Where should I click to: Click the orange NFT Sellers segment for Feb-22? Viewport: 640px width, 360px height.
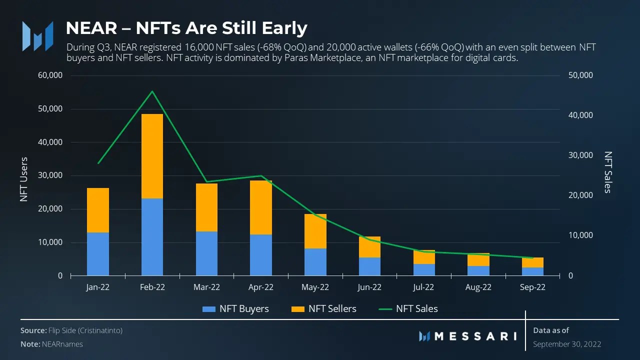(152, 156)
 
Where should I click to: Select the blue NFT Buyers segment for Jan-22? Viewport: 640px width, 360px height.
(98, 254)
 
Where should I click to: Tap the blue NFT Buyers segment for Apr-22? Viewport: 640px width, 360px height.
(261, 255)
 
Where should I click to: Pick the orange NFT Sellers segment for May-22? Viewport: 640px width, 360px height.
(315, 231)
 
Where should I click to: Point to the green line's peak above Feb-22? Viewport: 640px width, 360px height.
(152, 91)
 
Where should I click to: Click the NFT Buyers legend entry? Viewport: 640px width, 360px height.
(235, 309)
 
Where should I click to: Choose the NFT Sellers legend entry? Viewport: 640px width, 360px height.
(324, 309)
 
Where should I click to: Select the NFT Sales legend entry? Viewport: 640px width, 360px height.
(408, 309)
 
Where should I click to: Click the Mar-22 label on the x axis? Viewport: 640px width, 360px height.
(206, 287)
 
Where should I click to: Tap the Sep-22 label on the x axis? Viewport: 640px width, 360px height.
(532, 287)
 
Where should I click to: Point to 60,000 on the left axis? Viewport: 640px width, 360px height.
(50, 75)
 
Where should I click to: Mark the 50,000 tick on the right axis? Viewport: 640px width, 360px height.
(580, 75)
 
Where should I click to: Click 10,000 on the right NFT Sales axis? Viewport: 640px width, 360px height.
(580, 235)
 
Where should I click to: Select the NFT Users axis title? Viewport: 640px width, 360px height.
(24, 179)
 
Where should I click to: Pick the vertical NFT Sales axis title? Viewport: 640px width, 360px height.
(608, 172)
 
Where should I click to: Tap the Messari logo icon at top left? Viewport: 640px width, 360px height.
(37, 36)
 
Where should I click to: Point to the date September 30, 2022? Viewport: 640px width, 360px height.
(567, 344)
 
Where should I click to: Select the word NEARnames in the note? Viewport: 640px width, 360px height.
(65, 344)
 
